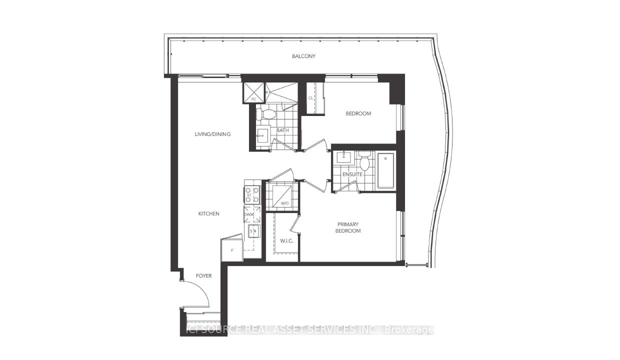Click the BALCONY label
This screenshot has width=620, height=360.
(303, 56)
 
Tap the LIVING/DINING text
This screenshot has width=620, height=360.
(212, 134)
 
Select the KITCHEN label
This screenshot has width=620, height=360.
(208, 213)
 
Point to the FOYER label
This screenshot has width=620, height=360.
(203, 275)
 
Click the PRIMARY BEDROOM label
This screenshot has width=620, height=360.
(348, 227)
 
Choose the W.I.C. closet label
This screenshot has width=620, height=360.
(286, 240)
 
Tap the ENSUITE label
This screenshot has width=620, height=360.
(352, 174)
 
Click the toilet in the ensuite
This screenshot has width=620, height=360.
(364, 161)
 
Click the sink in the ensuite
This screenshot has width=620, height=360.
(344, 157)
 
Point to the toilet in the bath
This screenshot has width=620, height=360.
(266, 114)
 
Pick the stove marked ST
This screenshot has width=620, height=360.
(252, 195)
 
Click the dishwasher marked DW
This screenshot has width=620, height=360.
(252, 214)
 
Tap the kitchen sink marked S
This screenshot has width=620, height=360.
(253, 231)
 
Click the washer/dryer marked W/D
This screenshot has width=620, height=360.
(282, 195)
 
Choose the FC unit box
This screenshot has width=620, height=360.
(253, 93)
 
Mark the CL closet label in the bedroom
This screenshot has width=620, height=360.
(311, 98)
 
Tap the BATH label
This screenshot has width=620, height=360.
(282, 130)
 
